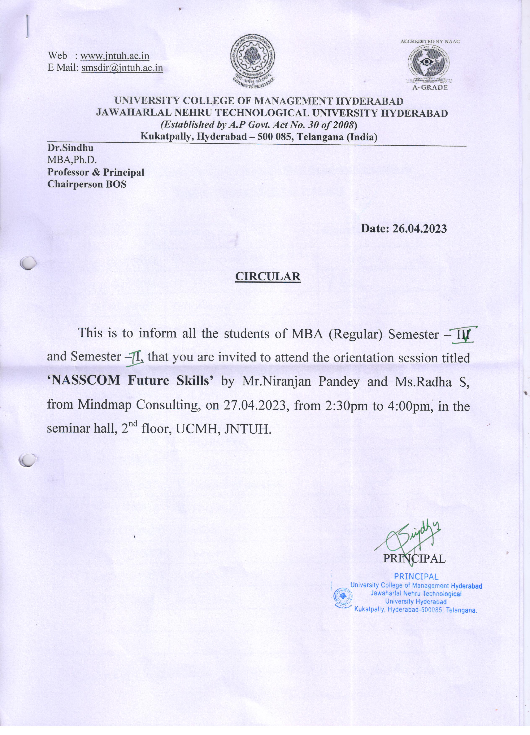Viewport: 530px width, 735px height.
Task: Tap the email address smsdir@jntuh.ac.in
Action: pyautogui.click(x=122, y=68)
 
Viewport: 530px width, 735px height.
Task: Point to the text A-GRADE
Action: pyautogui.click(x=430, y=88)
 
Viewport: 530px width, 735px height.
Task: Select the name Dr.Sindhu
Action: pyautogui.click(x=70, y=148)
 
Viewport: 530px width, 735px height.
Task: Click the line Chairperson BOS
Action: pyautogui.click(x=87, y=184)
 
